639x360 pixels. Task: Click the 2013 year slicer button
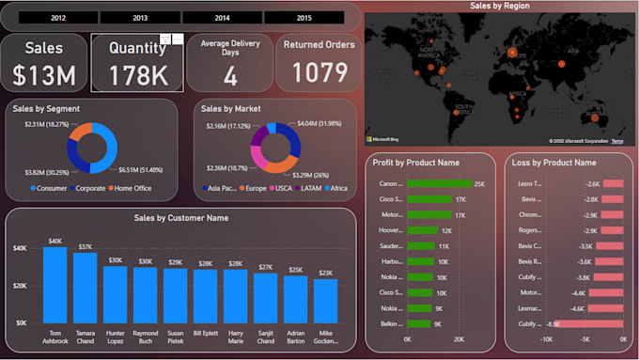[x=140, y=18]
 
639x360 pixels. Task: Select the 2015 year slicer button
[x=304, y=18]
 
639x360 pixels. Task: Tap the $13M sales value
[x=44, y=74]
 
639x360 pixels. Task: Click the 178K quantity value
[x=136, y=75]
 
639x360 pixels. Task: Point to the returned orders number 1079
[x=319, y=73]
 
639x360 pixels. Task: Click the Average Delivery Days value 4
[x=230, y=77]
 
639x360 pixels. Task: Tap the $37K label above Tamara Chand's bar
[x=86, y=246]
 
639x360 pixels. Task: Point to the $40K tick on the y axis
[x=19, y=248]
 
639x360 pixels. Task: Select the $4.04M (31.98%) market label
[x=319, y=123]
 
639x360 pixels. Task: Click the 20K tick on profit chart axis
[x=459, y=340]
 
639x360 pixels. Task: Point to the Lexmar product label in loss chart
[x=532, y=307]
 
